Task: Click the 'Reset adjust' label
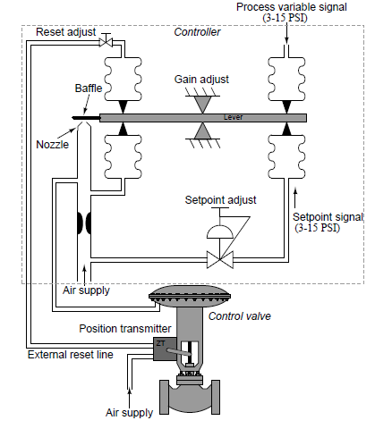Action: pos(65,32)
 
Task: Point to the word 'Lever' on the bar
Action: pos(232,117)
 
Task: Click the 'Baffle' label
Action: pos(88,89)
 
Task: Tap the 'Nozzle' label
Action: pos(52,144)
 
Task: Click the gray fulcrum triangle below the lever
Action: pos(205,133)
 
